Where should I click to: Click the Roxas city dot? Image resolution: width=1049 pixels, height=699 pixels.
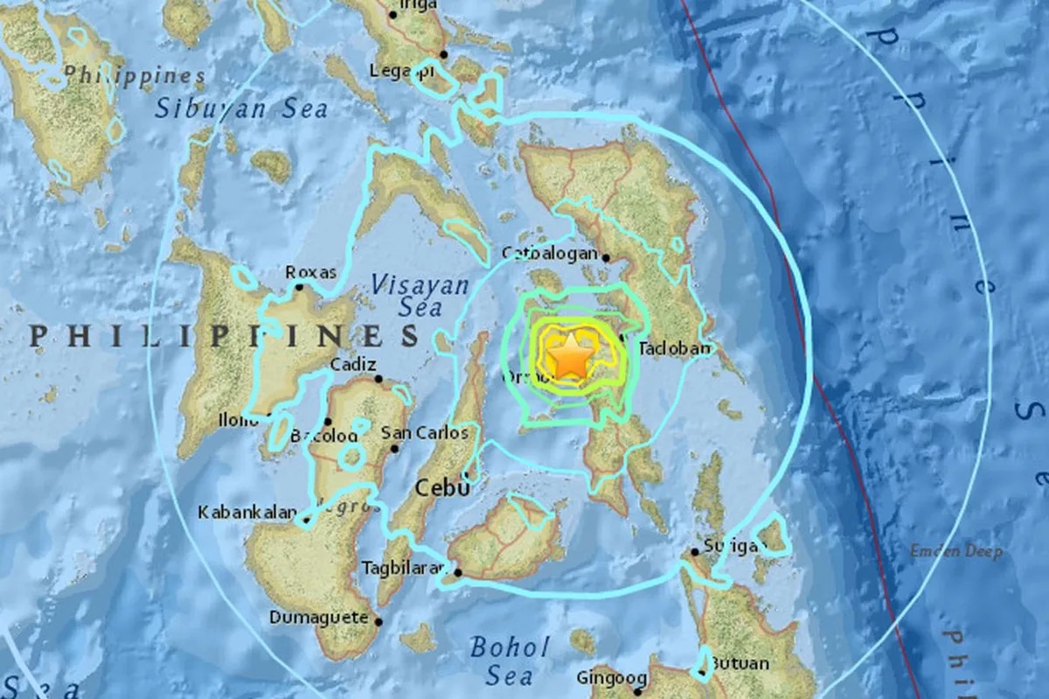pos(299,286)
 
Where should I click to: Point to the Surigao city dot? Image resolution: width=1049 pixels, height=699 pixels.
pos(695,551)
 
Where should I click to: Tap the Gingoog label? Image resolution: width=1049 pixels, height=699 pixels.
pos(611,678)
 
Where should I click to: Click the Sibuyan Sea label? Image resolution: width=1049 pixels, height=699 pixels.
pos(242,108)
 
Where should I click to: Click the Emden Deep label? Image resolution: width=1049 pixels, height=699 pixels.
pos(955,552)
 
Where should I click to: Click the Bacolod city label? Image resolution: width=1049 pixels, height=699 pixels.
pos(323,435)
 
